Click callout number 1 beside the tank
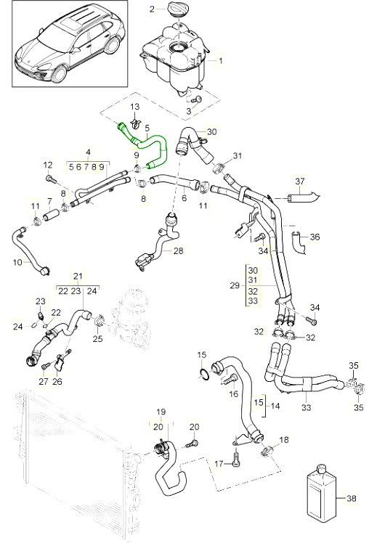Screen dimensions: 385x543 point(220,61)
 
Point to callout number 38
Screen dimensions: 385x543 point(352,498)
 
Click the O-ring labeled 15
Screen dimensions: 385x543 point(205,374)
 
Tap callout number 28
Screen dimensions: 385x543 point(178,250)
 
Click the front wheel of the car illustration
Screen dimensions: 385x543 point(60,74)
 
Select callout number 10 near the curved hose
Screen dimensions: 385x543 point(17,263)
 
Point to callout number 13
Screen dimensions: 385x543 point(135,106)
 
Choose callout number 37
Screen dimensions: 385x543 point(300,181)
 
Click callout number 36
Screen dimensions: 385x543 point(315,237)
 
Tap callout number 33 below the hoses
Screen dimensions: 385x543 point(307,407)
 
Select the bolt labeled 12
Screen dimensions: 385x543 point(50,179)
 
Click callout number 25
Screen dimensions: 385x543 point(98,338)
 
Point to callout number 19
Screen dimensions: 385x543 point(161,412)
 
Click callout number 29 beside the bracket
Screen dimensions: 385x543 point(235,285)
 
